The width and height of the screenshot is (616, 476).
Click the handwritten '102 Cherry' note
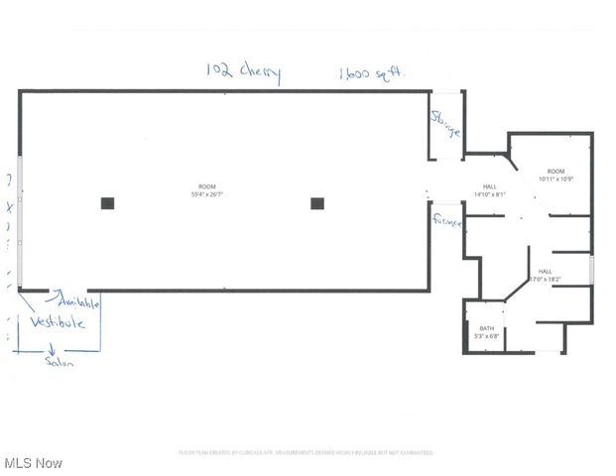click(243, 71)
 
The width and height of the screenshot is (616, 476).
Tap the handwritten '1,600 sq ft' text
click(373, 72)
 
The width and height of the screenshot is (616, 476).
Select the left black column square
click(107, 203)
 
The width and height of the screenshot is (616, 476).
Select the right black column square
click(317, 203)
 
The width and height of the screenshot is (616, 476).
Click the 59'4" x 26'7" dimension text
click(207, 194)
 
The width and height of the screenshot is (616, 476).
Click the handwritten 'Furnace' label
click(447, 222)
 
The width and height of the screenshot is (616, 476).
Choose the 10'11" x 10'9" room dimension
click(557, 179)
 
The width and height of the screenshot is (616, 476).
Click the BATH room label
click(487, 328)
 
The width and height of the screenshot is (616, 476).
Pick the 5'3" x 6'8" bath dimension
click(487, 336)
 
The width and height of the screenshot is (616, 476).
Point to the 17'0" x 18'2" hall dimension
click(546, 280)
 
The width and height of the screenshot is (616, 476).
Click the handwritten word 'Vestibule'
click(57, 322)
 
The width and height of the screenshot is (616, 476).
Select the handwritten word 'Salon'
click(59, 362)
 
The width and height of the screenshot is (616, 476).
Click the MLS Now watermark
click(34, 463)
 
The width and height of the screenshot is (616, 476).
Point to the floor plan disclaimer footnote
click(306, 453)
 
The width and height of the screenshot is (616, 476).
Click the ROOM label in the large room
click(207, 186)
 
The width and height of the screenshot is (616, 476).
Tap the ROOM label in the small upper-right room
click(557, 172)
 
